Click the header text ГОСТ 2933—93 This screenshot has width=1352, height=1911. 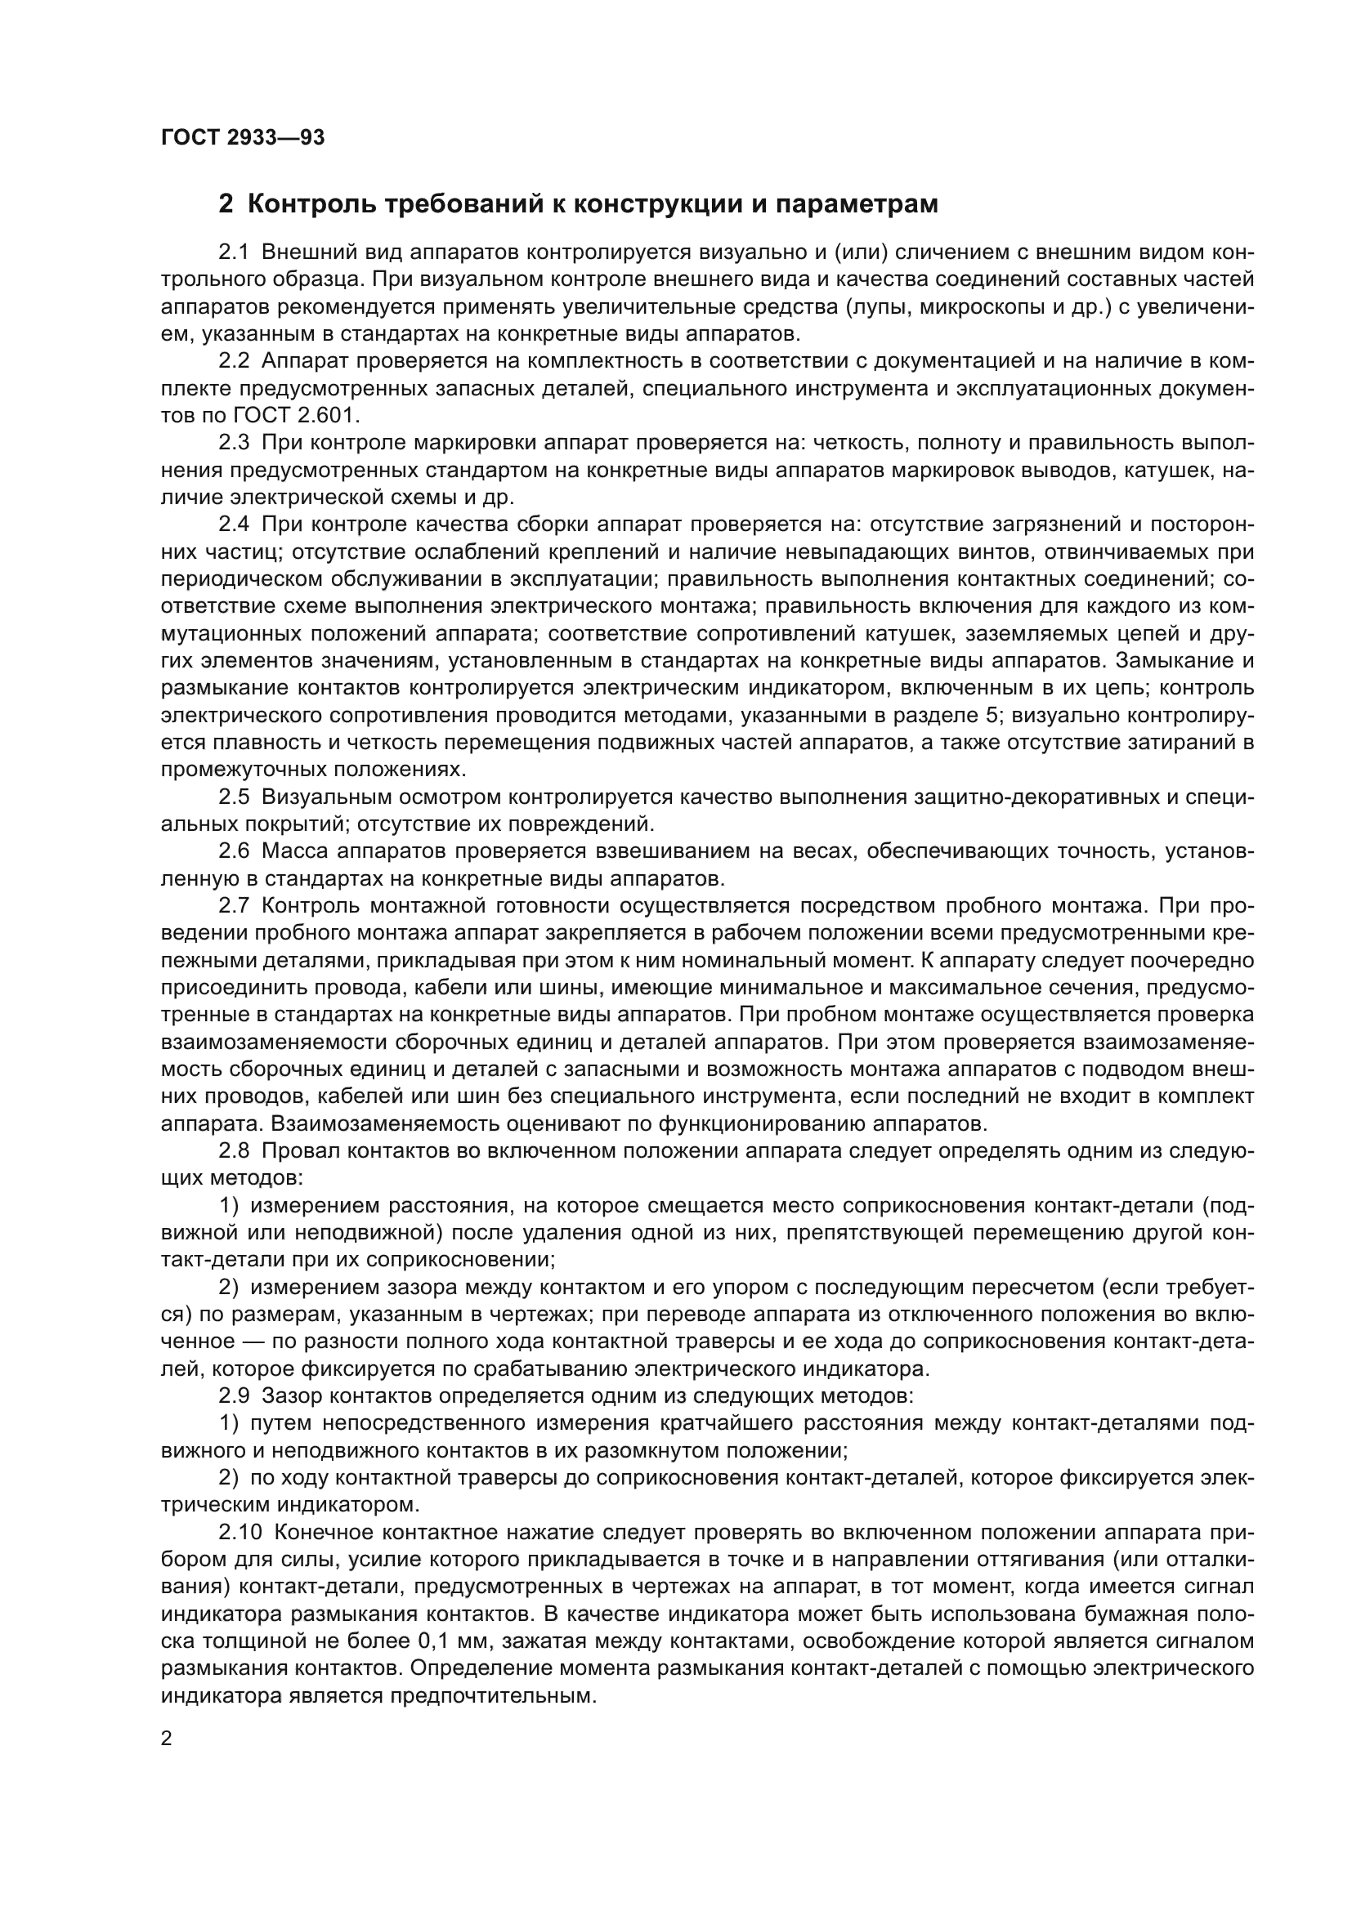point(242,137)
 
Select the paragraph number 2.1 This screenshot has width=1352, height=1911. point(234,252)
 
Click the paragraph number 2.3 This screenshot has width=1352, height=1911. point(234,443)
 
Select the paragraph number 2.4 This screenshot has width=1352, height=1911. point(234,525)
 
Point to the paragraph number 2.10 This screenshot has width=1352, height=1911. point(239,1531)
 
